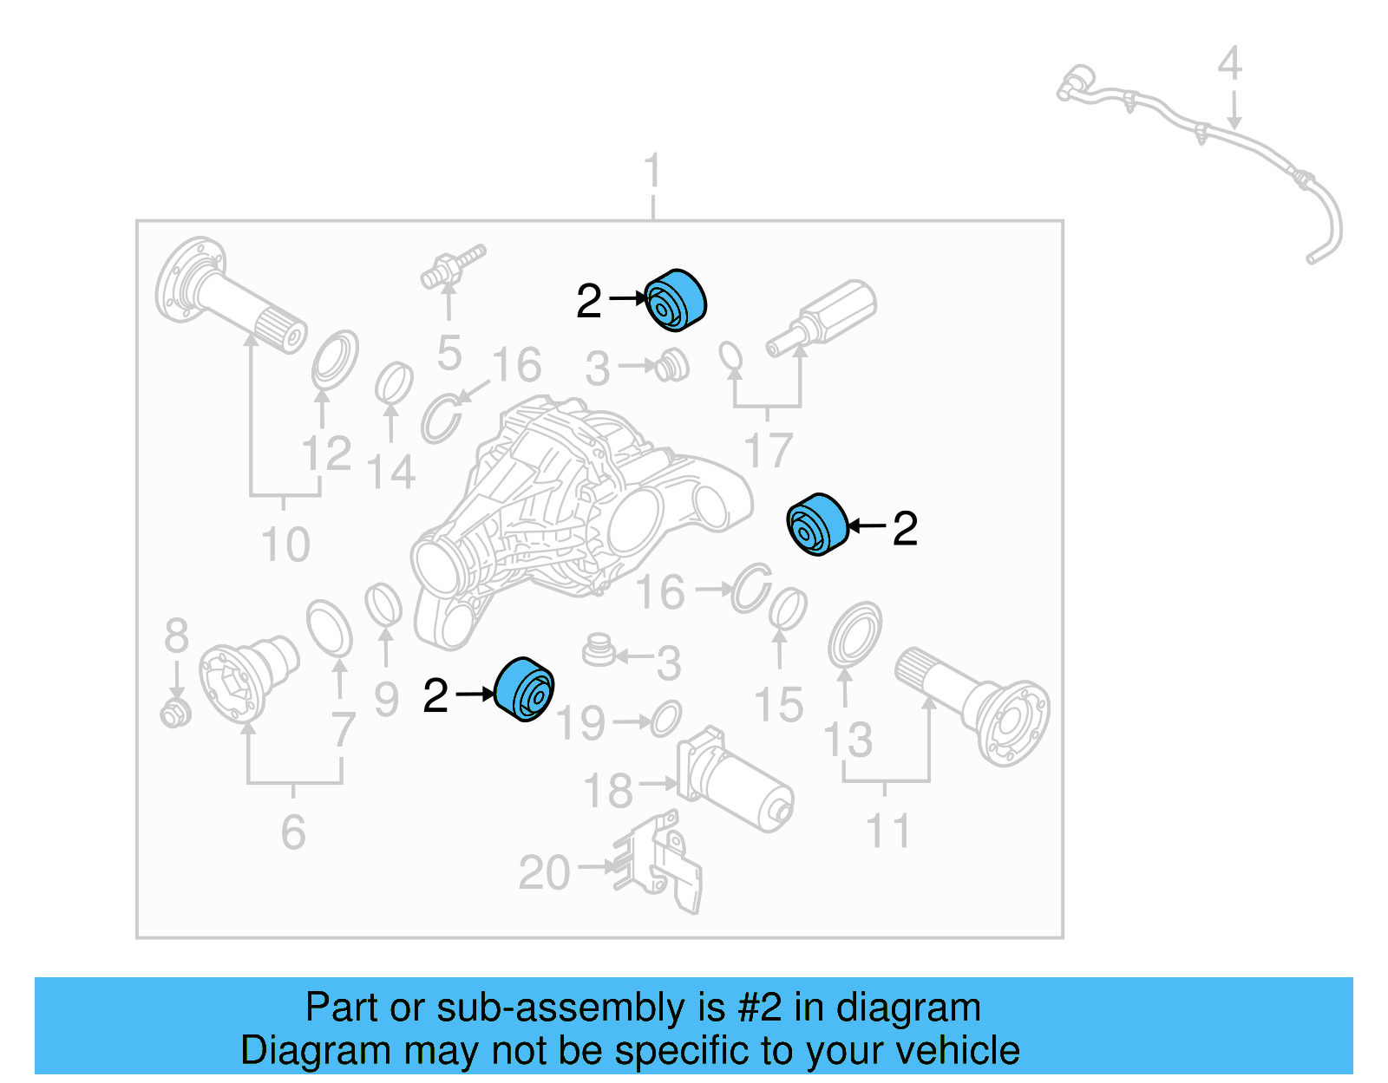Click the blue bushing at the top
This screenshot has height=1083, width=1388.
point(676,300)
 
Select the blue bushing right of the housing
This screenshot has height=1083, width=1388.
point(817,525)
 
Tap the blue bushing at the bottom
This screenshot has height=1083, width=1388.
point(525,689)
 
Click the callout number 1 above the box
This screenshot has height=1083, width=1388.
point(652,171)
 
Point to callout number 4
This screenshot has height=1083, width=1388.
point(1229,64)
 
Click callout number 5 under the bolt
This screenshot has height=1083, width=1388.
point(449,353)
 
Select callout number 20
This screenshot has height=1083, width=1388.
point(544,872)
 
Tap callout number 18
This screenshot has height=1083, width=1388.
point(608,791)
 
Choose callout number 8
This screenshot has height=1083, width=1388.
point(176,636)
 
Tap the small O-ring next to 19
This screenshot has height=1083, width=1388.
point(665,719)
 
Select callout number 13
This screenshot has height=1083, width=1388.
point(848,740)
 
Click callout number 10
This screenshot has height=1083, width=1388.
point(285,545)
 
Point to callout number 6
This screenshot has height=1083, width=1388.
point(293,832)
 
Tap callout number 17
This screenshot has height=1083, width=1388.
point(769,450)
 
